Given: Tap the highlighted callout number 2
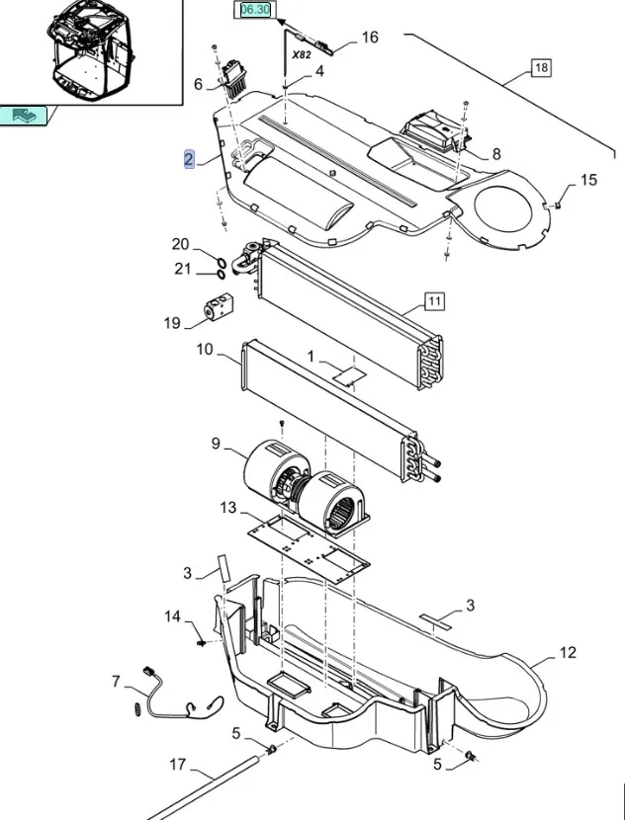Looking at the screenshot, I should pos(189,159).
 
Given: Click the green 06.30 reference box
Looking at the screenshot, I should pos(253,10).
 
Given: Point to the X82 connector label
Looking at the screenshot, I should pos(303,56).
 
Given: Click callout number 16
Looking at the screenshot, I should pos(369,38).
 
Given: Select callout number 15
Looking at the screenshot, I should pos(588,180).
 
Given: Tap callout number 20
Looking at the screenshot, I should pos(179,245).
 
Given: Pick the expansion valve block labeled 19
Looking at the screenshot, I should pos(215,308).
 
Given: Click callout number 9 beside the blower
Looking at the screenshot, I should pos(216,445).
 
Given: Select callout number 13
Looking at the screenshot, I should pos(228,508).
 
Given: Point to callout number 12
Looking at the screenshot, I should pos(567,652).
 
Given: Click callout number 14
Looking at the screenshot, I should pos(173,617).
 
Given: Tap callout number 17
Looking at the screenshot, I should pos(178,764).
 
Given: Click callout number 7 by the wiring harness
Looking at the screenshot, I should pos(116,682).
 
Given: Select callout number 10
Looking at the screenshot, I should pos(205,350).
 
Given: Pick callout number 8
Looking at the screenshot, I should pos(495,153).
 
